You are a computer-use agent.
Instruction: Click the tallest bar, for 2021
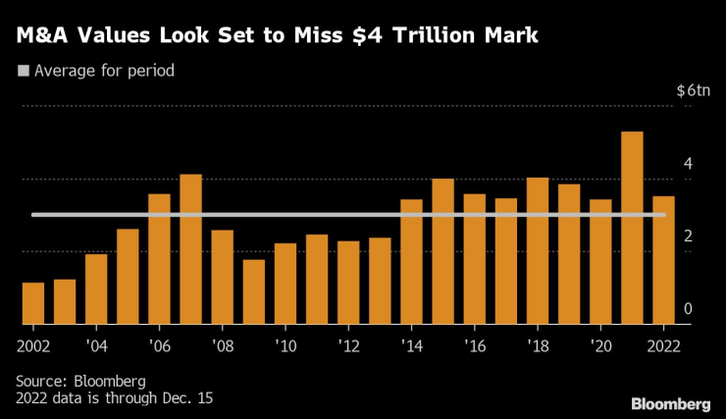click(633, 228)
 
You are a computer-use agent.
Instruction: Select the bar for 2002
click(33, 303)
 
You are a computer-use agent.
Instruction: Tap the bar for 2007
click(190, 249)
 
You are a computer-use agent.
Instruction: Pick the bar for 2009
click(254, 291)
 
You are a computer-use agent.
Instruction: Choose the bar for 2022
click(664, 260)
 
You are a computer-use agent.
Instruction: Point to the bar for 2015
click(443, 251)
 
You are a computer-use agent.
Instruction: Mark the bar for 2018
click(538, 250)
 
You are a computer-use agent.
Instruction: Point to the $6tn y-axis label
click(692, 89)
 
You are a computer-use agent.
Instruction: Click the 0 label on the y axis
click(689, 309)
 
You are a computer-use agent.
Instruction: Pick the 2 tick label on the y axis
click(689, 236)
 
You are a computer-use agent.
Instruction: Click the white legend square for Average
click(23, 71)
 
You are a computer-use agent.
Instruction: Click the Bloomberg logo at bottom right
click(671, 403)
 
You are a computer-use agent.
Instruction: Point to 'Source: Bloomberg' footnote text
click(80, 381)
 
